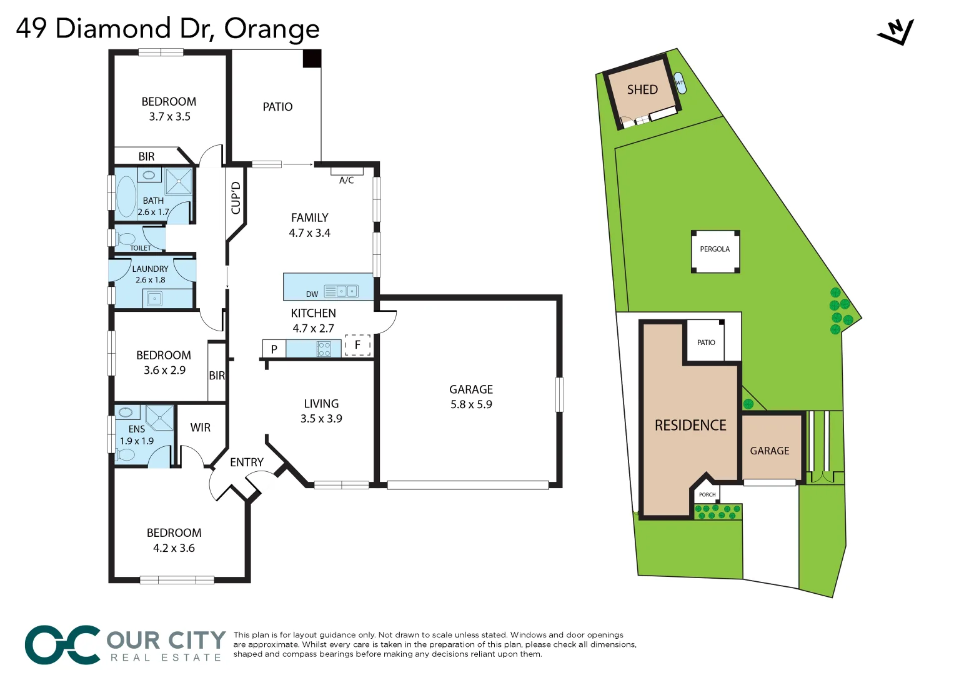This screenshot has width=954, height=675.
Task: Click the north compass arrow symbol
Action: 897,32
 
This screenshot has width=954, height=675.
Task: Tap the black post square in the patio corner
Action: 312,59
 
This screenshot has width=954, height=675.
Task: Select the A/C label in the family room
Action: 347,181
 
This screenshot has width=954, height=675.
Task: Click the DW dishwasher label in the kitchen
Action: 312,294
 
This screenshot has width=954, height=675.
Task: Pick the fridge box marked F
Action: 357,345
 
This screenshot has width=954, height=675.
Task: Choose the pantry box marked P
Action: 274,349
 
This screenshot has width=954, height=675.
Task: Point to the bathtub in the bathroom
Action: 126,196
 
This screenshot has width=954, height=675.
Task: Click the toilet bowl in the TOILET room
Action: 126,239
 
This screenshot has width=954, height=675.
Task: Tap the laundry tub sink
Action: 154,299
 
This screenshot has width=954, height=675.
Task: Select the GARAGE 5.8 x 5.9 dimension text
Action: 471,404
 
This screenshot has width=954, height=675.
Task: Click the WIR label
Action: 201,427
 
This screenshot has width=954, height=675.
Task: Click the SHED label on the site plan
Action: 642,90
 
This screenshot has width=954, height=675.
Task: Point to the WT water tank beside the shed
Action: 680,83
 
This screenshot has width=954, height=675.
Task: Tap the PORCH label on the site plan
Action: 707,494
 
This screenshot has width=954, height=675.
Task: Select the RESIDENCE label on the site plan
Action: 690,426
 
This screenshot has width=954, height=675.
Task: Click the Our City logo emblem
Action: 62,644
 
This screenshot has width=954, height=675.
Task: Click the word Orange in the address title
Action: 272,29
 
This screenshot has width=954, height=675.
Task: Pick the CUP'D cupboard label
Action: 236,198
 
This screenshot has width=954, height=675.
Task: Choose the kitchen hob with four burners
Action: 324,349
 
